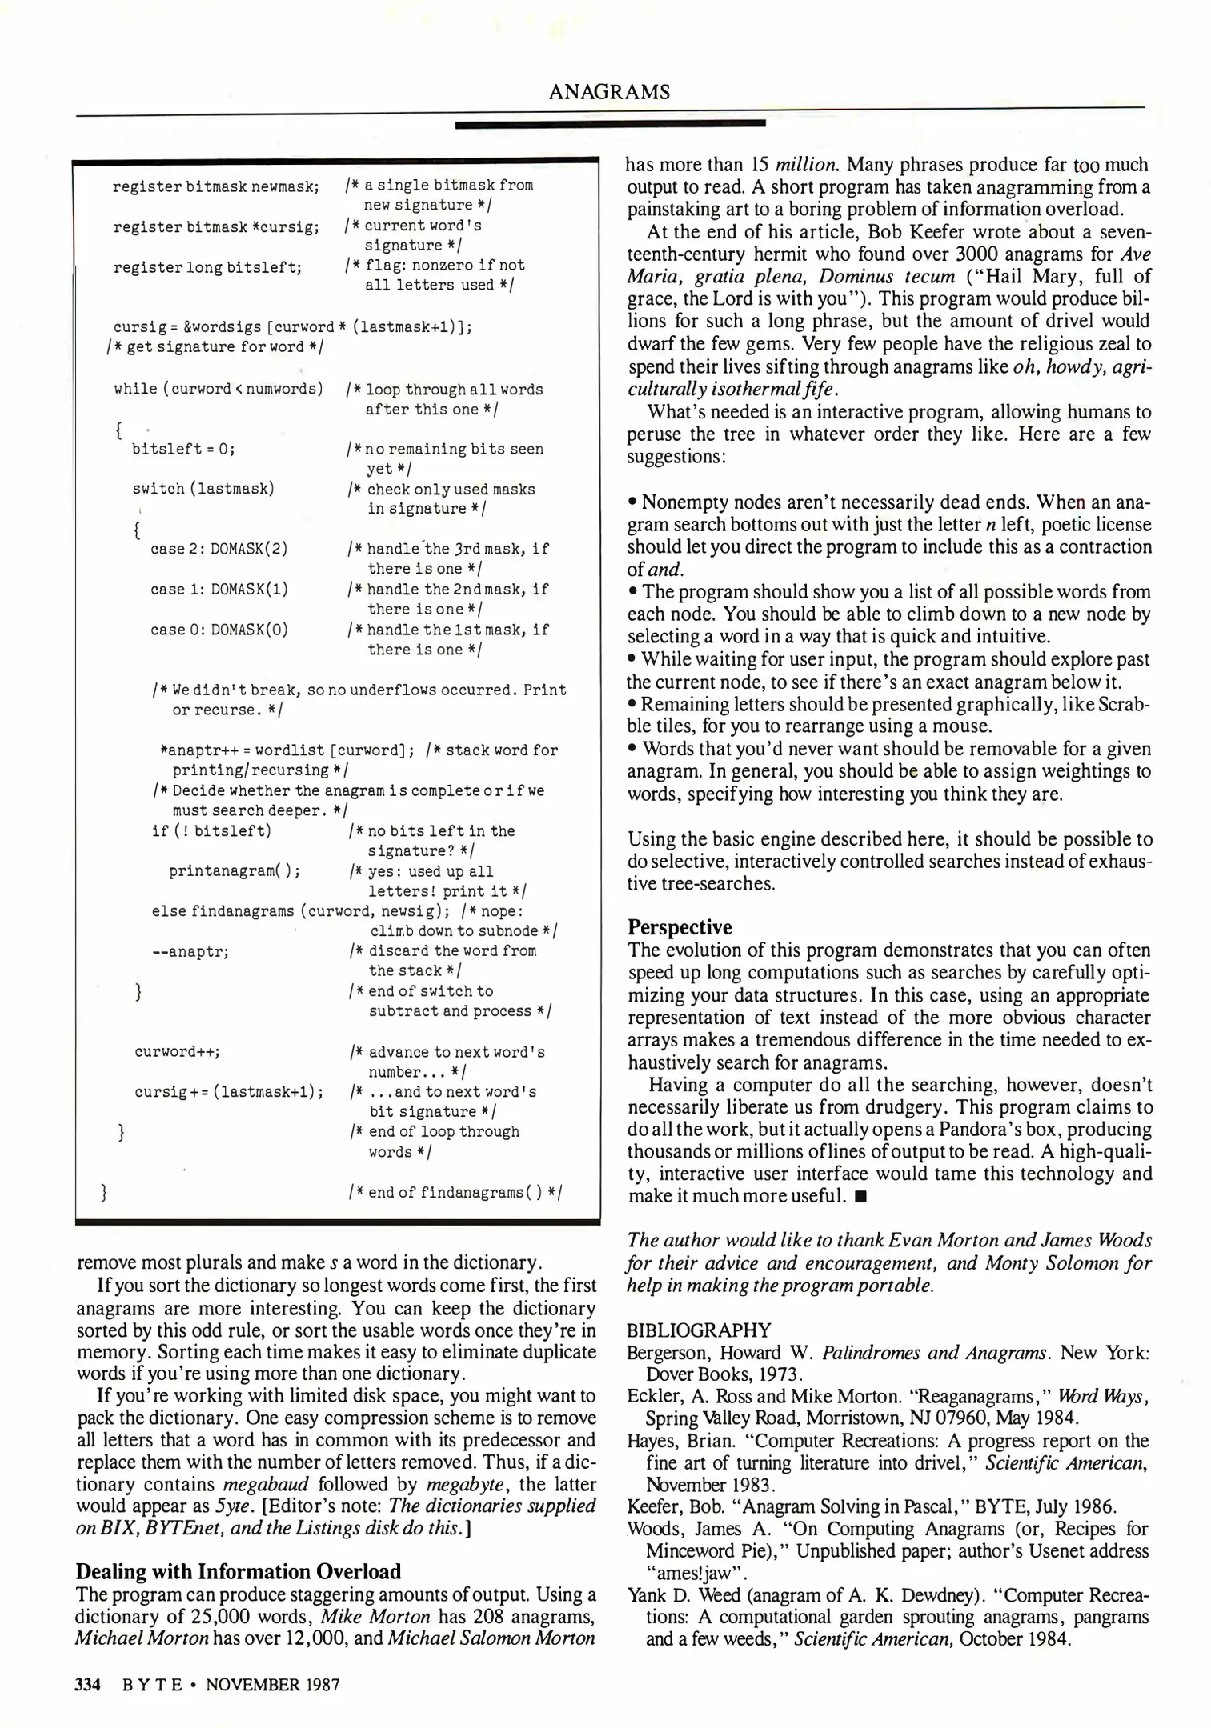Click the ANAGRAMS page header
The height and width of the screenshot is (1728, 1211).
(609, 92)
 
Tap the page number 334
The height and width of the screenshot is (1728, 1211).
(86, 1684)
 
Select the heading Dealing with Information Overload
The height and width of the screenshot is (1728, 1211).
(239, 1571)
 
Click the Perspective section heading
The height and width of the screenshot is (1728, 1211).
(680, 927)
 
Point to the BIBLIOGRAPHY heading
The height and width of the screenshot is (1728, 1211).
(699, 1330)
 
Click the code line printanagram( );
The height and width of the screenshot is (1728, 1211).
(235, 871)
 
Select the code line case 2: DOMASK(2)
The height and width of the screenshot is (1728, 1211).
(219, 549)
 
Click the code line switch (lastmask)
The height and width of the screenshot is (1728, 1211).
(203, 489)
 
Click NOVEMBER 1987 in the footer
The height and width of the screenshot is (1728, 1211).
(272, 1684)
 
